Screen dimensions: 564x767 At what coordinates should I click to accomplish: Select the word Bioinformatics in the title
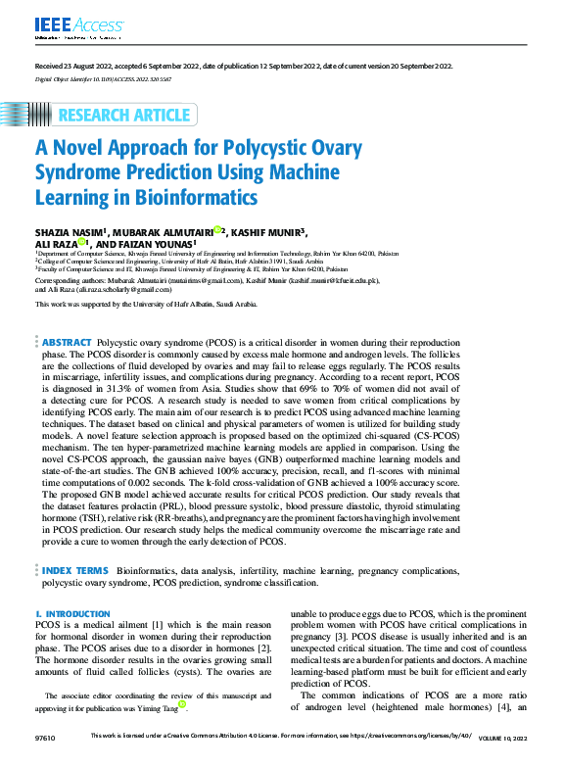(206, 197)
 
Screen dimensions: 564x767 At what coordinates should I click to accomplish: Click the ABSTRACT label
(66, 342)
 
